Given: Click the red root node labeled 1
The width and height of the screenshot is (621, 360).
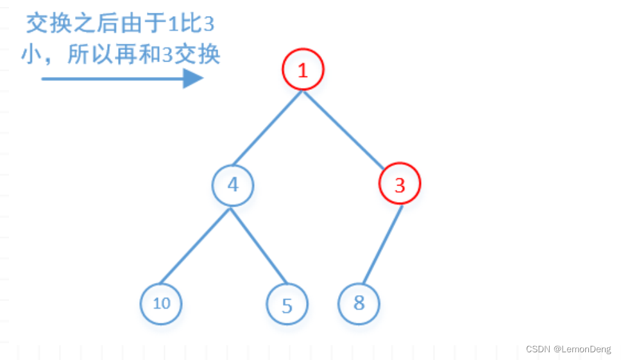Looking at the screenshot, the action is point(303,70).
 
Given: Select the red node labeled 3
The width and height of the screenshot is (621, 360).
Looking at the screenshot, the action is point(400,185).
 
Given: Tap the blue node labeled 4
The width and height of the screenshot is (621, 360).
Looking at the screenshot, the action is point(233,185).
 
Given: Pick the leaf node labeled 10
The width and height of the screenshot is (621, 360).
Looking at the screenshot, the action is point(161,303).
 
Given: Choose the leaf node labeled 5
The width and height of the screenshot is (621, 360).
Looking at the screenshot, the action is point(287,305).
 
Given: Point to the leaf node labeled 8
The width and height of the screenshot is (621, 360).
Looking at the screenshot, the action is point(359,303).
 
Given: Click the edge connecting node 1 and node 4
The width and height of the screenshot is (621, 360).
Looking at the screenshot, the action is point(267,128).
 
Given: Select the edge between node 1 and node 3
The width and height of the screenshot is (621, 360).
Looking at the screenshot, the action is point(345,129).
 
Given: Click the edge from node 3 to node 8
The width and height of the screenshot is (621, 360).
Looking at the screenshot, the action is point(382,244).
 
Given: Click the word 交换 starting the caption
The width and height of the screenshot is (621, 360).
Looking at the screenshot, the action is point(48,24).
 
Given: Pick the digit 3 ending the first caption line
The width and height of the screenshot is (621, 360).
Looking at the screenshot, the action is point(208,24).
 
